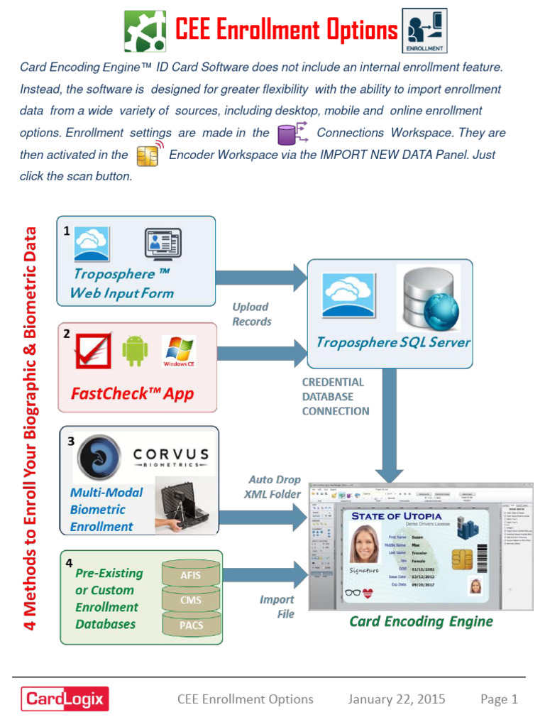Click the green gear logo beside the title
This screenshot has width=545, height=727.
[145, 31]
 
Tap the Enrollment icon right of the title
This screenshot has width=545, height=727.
[424, 32]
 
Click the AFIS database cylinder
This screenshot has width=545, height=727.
[191, 574]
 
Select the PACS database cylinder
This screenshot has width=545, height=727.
[191, 625]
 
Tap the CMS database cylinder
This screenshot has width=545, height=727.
[191, 600]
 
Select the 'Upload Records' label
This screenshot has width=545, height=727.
[252, 314]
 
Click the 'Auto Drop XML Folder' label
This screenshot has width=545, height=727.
[273, 487]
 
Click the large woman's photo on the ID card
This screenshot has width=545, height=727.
[365, 544]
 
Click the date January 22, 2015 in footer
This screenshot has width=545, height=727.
[397, 699]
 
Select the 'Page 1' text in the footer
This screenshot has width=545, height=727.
[499, 699]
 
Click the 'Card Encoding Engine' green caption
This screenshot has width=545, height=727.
[421, 622]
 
